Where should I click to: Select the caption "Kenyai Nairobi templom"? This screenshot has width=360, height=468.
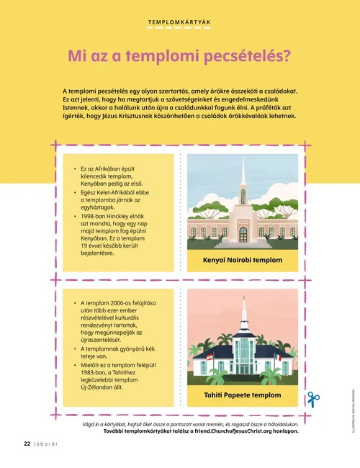(243, 260)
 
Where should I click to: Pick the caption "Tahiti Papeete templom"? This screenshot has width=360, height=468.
(243, 395)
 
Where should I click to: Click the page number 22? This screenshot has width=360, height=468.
(26, 444)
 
